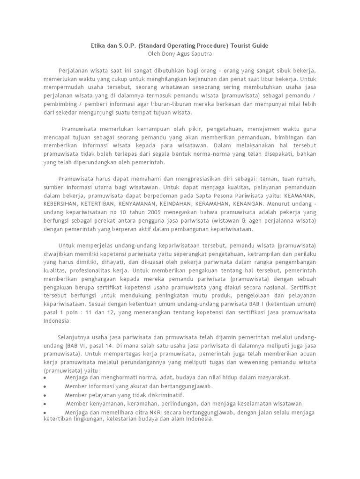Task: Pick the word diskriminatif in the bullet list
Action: coord(142,395)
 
